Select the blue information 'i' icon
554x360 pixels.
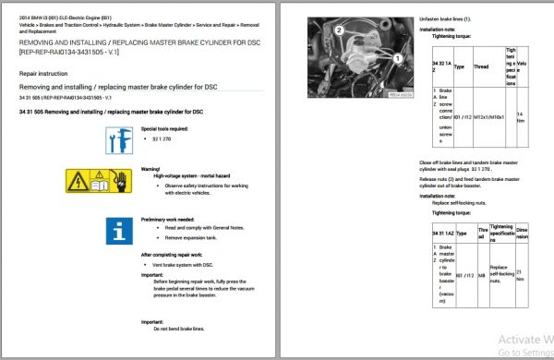(x=119, y=230)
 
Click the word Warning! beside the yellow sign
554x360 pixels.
(x=151, y=170)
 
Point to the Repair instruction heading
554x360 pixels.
(x=42, y=70)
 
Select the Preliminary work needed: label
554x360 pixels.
(x=169, y=219)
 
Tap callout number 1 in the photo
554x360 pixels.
(x=398, y=57)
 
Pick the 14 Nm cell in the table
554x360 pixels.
(x=523, y=117)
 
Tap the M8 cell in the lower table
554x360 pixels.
(x=481, y=274)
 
